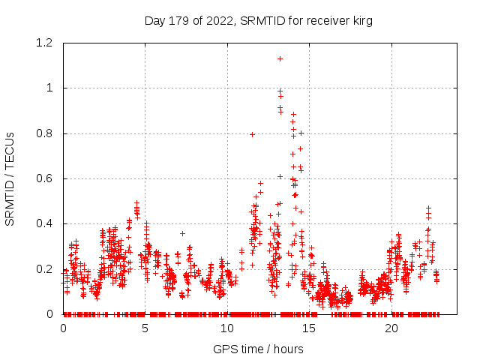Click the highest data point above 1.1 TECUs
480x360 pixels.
point(280,58)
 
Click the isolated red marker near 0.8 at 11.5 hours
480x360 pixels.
point(253,134)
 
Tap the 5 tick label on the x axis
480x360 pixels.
point(145,328)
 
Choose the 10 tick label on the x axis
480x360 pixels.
point(227,328)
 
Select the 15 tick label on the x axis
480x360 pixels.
point(310,328)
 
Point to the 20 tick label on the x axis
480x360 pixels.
point(391,328)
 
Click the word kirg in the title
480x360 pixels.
point(361,21)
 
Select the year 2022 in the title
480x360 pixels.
point(219,21)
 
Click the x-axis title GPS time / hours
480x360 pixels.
point(258,349)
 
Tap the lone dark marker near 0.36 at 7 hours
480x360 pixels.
point(182,233)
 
